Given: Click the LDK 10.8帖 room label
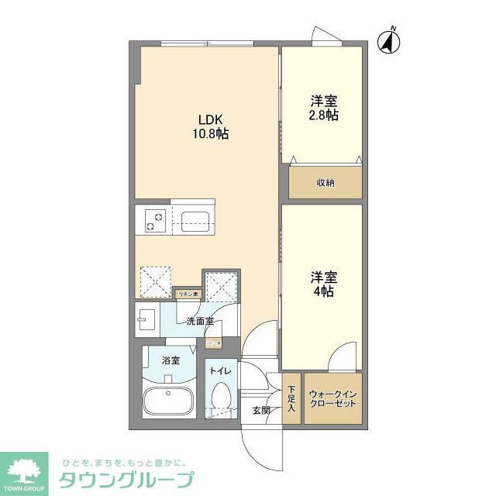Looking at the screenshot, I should click(x=210, y=126).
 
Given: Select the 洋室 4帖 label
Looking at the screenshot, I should click(x=324, y=284).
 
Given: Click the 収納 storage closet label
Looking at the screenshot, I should click(x=325, y=183).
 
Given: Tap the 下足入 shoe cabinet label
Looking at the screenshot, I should click(x=291, y=398).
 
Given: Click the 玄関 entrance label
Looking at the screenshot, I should click(x=261, y=410).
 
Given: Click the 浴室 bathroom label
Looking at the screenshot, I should click(x=170, y=360).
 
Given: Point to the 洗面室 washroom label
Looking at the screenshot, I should click(x=200, y=321).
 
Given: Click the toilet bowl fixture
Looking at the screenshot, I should click(x=222, y=400).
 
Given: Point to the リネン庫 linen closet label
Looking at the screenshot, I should click(x=188, y=294).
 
